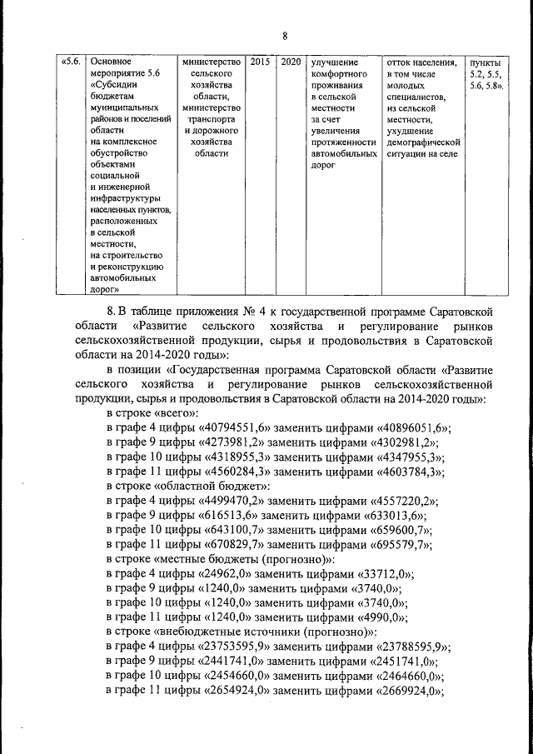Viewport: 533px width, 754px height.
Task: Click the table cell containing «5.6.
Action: tap(70, 62)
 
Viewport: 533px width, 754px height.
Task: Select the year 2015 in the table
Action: tap(260, 62)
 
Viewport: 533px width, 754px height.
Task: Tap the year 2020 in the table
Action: tap(291, 62)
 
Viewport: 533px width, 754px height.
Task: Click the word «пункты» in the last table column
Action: tap(486, 63)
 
